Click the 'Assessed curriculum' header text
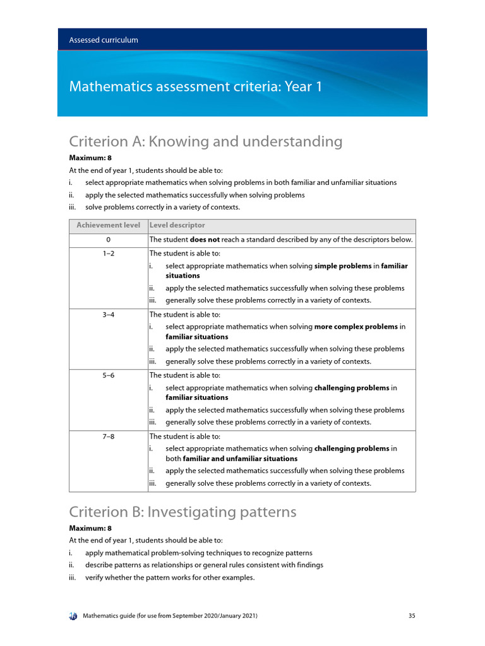104,40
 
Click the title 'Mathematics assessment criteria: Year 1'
196,86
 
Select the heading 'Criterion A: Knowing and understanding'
205,142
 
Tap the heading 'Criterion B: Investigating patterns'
183,512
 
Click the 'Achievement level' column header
108,225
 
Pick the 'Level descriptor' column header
177,225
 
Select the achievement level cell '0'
108,240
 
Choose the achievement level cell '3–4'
108,314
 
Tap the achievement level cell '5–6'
108,375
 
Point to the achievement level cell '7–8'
108,436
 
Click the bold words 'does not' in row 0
205,240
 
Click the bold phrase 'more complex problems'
356,327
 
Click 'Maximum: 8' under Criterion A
86,158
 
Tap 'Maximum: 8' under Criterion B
86,528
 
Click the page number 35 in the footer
412,615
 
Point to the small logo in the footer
73,615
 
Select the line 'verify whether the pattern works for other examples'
169,577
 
